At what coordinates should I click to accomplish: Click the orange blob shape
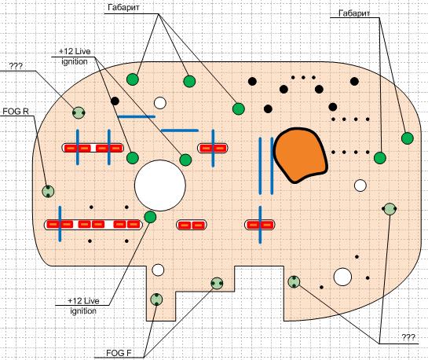[300, 155]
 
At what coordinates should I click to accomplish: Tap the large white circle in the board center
[160, 186]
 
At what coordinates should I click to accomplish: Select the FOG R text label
[16, 112]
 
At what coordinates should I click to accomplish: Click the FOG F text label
[119, 353]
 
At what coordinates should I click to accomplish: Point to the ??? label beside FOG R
[16, 66]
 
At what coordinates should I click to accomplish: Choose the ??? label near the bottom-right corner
[408, 337]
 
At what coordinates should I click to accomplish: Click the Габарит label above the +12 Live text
[123, 7]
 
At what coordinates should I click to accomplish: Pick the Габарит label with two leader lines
[354, 13]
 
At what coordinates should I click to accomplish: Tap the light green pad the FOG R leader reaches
[48, 192]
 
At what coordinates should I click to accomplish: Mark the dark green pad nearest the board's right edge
[408, 138]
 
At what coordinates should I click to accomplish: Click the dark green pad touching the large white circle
[150, 217]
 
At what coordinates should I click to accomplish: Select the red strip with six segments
[93, 225]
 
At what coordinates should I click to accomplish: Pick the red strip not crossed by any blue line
[192, 225]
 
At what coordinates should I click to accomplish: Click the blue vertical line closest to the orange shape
[272, 166]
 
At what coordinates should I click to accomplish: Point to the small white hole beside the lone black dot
[160, 103]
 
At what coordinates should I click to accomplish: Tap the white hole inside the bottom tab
[158, 270]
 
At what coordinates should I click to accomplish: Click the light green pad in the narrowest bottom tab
[156, 299]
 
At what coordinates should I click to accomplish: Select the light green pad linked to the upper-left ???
[79, 112]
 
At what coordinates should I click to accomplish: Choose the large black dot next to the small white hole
[115, 101]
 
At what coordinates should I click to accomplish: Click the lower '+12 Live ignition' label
[83, 306]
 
